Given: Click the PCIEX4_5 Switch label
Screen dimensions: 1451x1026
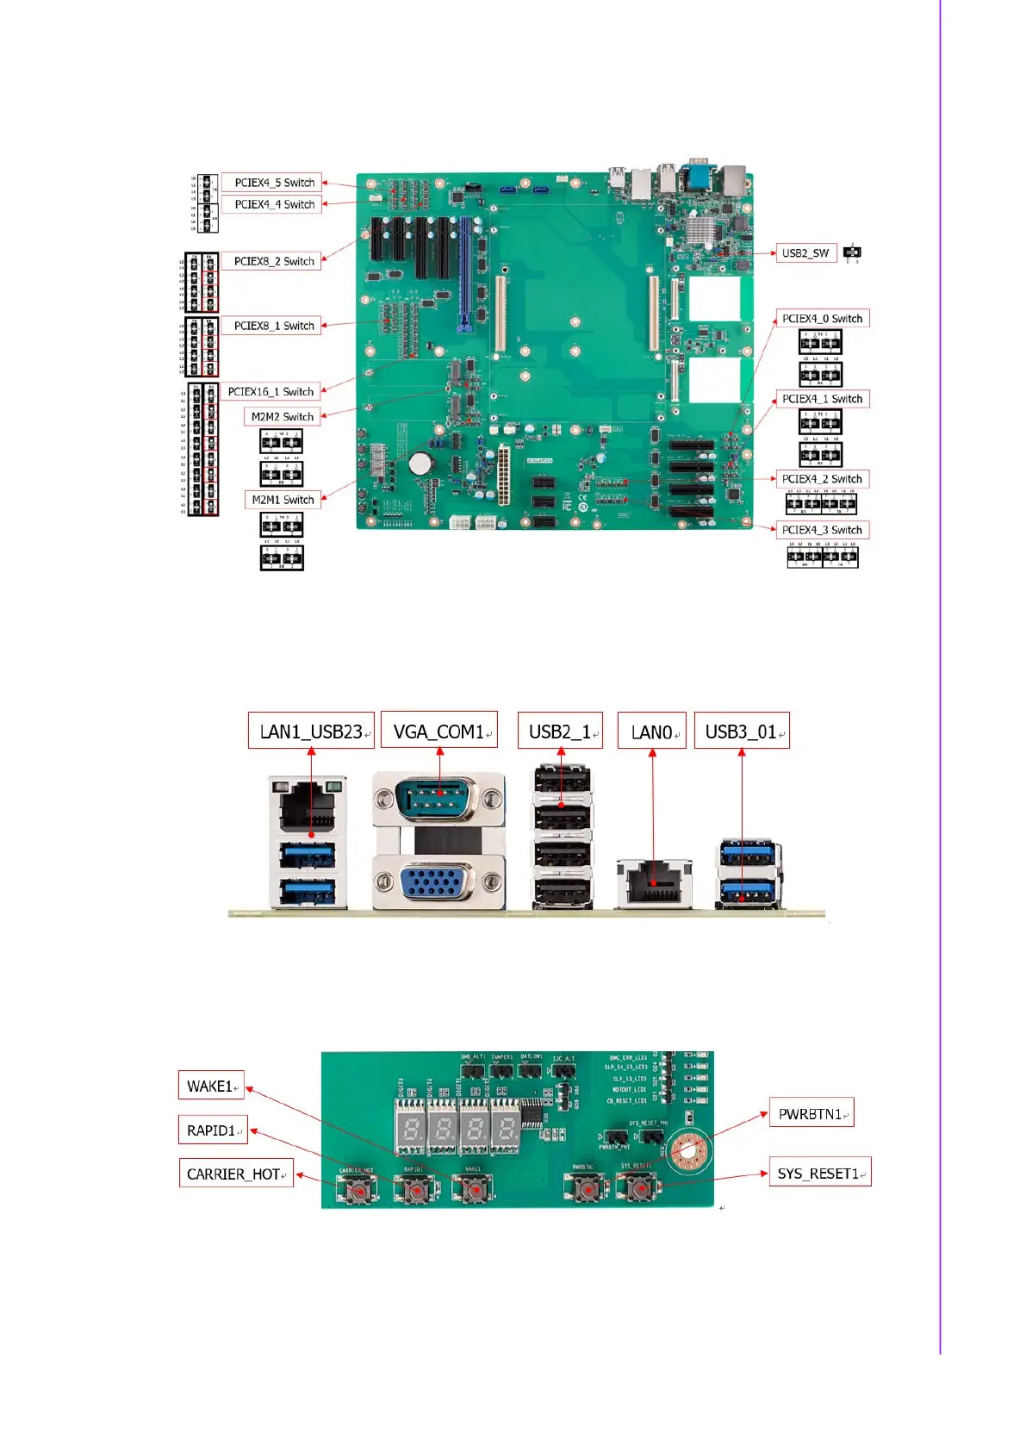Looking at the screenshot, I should (x=274, y=183).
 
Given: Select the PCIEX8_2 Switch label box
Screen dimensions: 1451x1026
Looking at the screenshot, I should (x=274, y=261).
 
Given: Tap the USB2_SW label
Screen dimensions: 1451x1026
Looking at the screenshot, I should (x=805, y=253).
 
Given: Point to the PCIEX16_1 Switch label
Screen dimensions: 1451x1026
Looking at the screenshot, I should (x=270, y=392).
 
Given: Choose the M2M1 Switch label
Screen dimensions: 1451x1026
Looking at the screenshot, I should (x=283, y=500).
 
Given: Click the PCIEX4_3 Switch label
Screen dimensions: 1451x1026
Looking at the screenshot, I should (x=821, y=530).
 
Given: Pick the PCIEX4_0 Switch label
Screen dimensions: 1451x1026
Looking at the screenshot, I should (x=821, y=319).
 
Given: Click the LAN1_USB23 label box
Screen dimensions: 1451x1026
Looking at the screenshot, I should (x=312, y=732).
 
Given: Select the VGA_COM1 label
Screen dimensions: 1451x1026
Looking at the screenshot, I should (x=439, y=732).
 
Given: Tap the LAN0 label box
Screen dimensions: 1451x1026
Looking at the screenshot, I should (x=652, y=732).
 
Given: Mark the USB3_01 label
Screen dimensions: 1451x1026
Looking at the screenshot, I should (x=742, y=732).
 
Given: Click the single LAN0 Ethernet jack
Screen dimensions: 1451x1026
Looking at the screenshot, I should (x=654, y=882).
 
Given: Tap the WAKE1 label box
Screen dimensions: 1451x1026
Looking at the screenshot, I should (x=212, y=1087).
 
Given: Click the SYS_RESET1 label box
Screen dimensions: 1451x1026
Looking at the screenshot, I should (x=819, y=1174).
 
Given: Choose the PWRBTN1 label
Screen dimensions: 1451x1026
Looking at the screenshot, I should (x=811, y=1114).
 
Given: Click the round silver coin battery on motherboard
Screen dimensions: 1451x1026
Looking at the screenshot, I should (x=420, y=463).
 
